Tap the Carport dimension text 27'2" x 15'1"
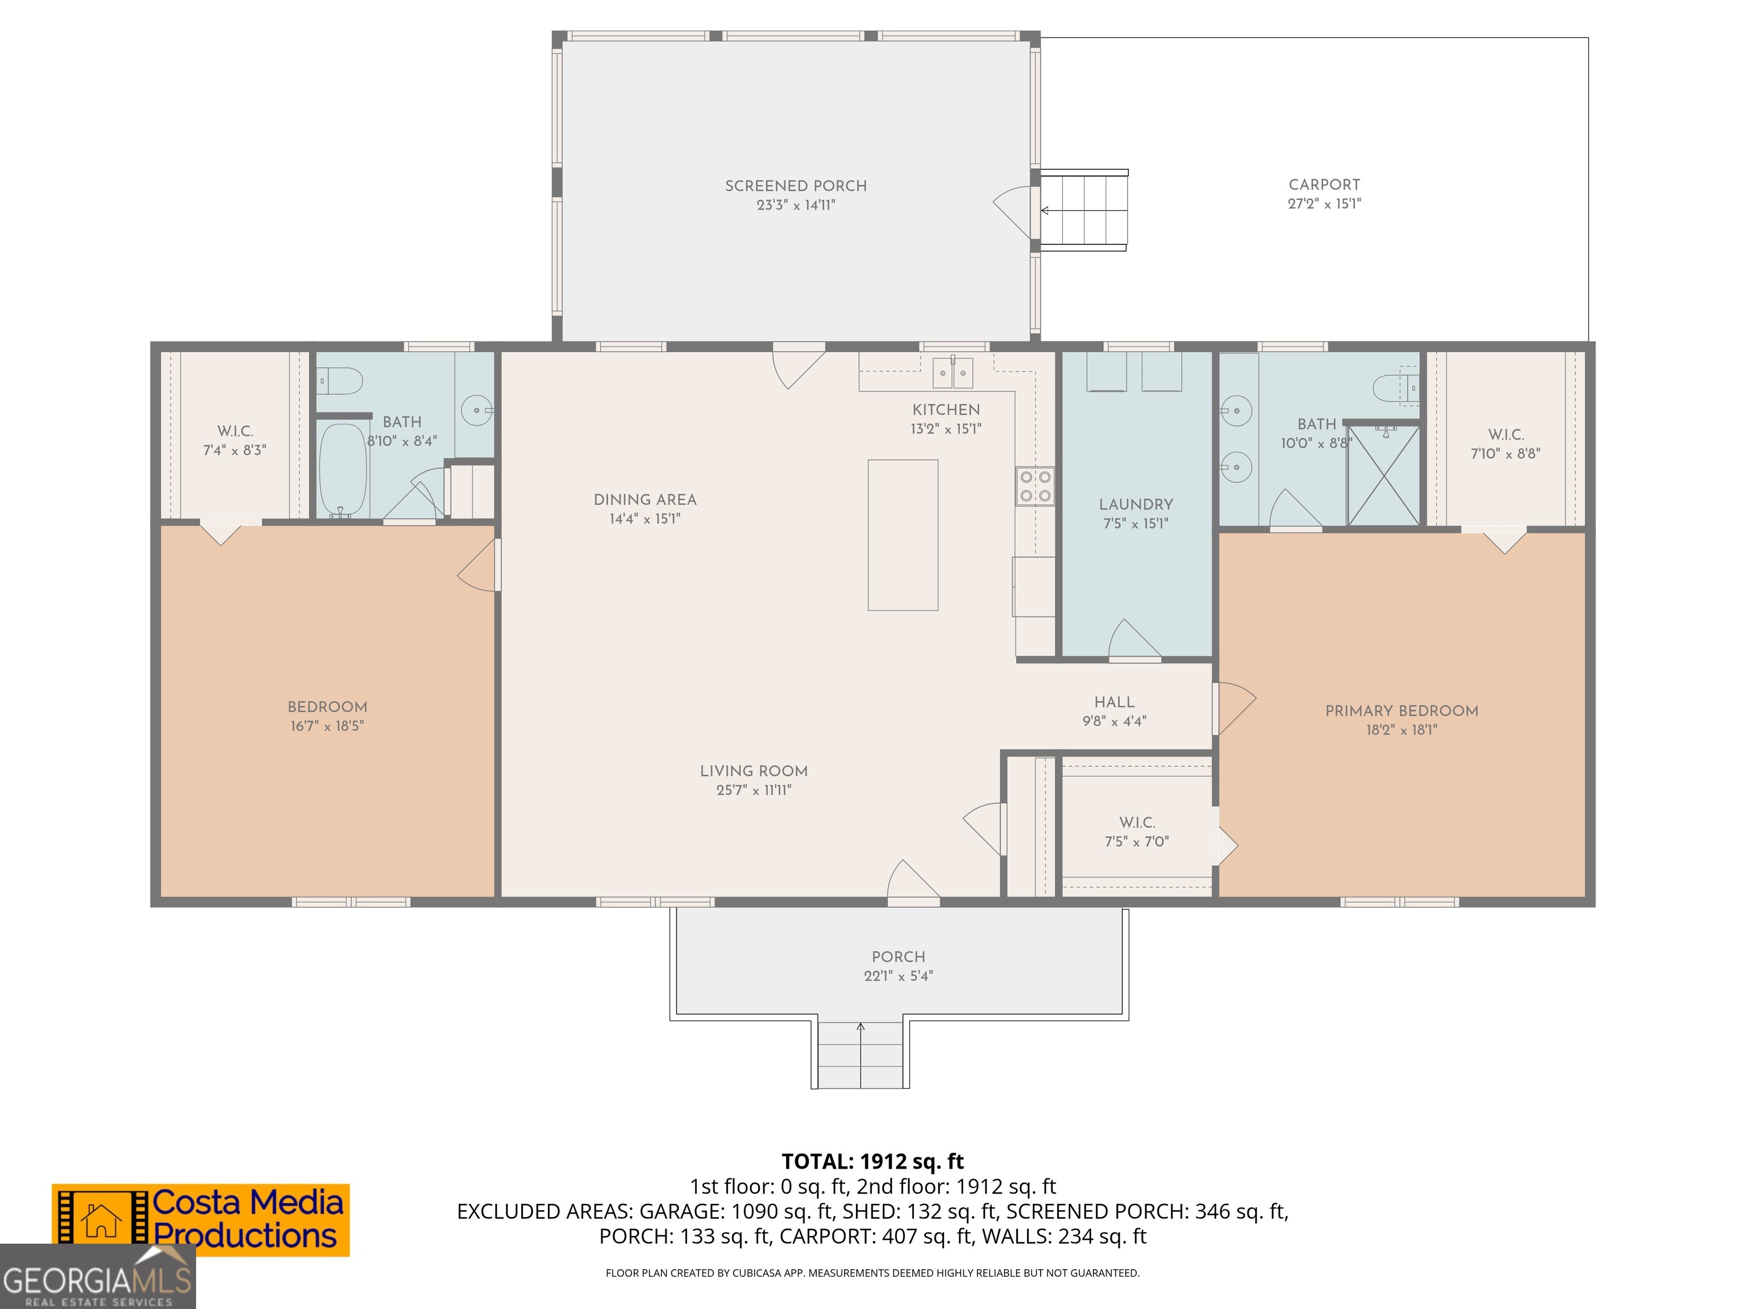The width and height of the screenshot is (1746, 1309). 1324,203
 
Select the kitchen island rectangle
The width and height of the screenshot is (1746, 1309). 903,535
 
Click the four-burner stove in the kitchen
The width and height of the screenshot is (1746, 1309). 1035,486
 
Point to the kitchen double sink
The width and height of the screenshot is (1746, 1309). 953,373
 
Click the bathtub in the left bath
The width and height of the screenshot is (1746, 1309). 343,470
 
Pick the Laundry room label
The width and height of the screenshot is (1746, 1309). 1136,504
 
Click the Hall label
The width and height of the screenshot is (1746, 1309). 1115,702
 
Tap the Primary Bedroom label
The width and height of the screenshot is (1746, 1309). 1402,711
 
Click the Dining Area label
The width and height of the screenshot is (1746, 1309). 645,499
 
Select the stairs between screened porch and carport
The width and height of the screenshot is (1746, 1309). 1084,210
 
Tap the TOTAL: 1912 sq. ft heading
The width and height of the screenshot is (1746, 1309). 872,1161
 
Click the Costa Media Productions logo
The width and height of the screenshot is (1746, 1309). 201,1220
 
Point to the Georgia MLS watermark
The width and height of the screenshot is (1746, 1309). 97,1277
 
